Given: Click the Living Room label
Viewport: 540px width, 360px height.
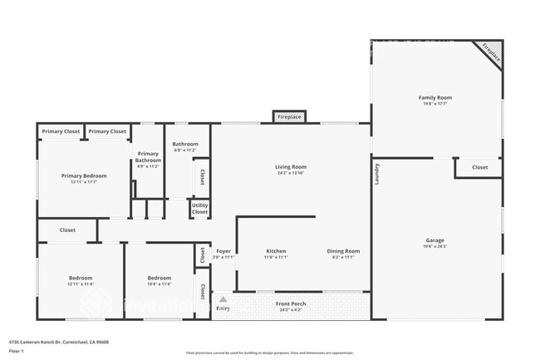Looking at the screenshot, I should tap(291, 167).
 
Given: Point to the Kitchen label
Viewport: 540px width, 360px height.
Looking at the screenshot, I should tap(276, 251).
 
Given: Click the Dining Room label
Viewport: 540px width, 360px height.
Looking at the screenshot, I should tap(342, 251).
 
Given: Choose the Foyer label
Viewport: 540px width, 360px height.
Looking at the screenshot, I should tap(223, 251).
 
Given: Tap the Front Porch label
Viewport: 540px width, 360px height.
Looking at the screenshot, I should tap(291, 303).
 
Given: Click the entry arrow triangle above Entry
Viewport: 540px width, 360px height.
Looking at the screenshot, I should tap(223, 298).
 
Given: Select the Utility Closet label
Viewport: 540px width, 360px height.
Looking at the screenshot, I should tap(199, 209).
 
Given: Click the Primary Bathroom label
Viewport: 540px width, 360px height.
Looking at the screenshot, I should tap(148, 156).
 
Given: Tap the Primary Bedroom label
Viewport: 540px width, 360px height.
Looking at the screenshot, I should tap(84, 175).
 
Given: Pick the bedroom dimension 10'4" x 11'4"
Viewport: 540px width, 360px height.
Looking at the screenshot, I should tap(159, 284).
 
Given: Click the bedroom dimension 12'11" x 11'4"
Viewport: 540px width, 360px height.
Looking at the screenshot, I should tap(80, 284).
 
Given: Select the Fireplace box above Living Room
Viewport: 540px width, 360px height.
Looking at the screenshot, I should tap(289, 117).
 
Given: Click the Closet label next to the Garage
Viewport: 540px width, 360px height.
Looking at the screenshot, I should tap(479, 167).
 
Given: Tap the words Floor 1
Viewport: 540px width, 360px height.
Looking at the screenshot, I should tap(17, 351).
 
